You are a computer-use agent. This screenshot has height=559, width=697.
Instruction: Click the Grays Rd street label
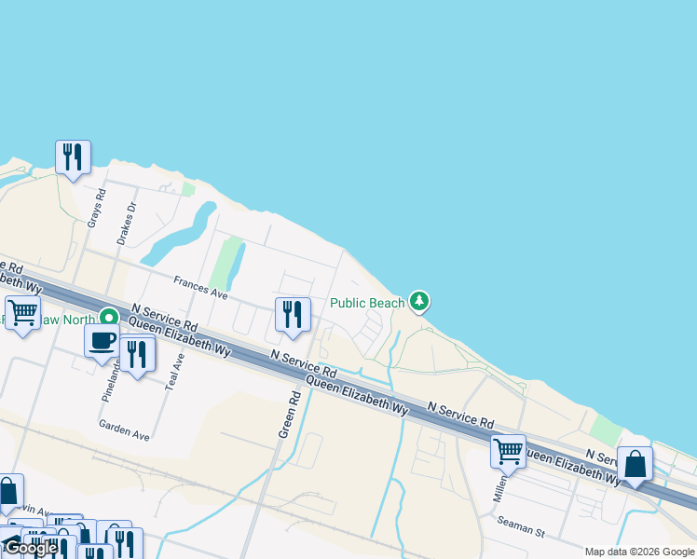click(93, 210)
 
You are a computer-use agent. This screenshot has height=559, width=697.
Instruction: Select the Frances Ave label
click(200, 285)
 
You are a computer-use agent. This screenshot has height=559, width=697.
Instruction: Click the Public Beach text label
click(367, 303)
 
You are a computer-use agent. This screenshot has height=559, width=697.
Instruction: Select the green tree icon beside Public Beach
click(420, 301)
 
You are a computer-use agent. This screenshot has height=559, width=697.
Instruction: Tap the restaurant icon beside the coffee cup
click(137, 354)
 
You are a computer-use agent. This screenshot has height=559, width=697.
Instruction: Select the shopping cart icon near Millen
click(508, 451)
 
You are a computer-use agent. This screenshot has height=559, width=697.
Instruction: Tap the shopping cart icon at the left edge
click(22, 312)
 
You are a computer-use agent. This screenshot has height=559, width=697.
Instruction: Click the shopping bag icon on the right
click(635, 463)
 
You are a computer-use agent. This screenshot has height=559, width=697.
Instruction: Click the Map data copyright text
click(639, 552)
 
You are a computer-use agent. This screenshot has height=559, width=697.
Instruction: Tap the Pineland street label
click(110, 380)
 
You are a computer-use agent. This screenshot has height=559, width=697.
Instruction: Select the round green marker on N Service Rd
click(109, 318)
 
